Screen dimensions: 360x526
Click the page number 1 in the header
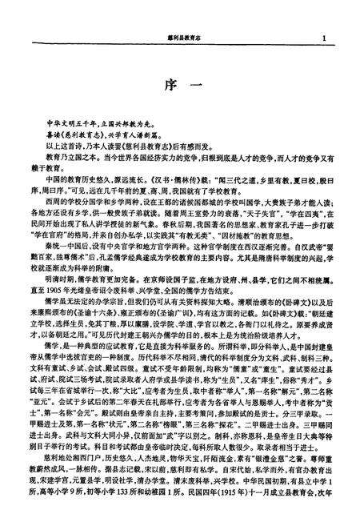click(324, 38)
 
